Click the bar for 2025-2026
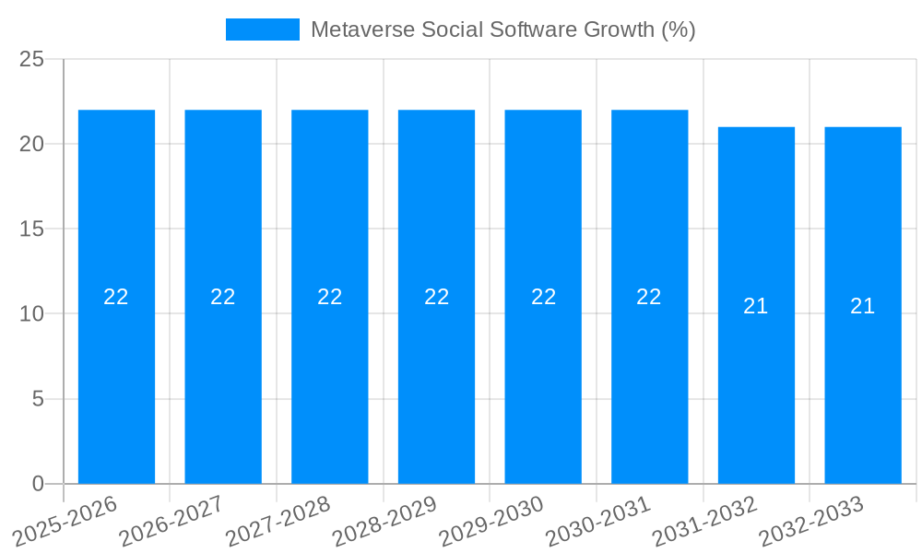point(116,297)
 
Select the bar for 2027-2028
point(330,297)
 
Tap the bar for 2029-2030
point(543,297)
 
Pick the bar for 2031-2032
point(756,305)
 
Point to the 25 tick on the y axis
point(32,59)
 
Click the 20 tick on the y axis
point(32,144)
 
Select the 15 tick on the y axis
point(32,229)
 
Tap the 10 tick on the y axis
point(32,313)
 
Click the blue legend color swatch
point(263,29)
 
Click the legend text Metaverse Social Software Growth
point(502,29)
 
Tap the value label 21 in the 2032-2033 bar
point(862,306)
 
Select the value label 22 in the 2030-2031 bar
point(649,297)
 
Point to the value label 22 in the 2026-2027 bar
point(223,297)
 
